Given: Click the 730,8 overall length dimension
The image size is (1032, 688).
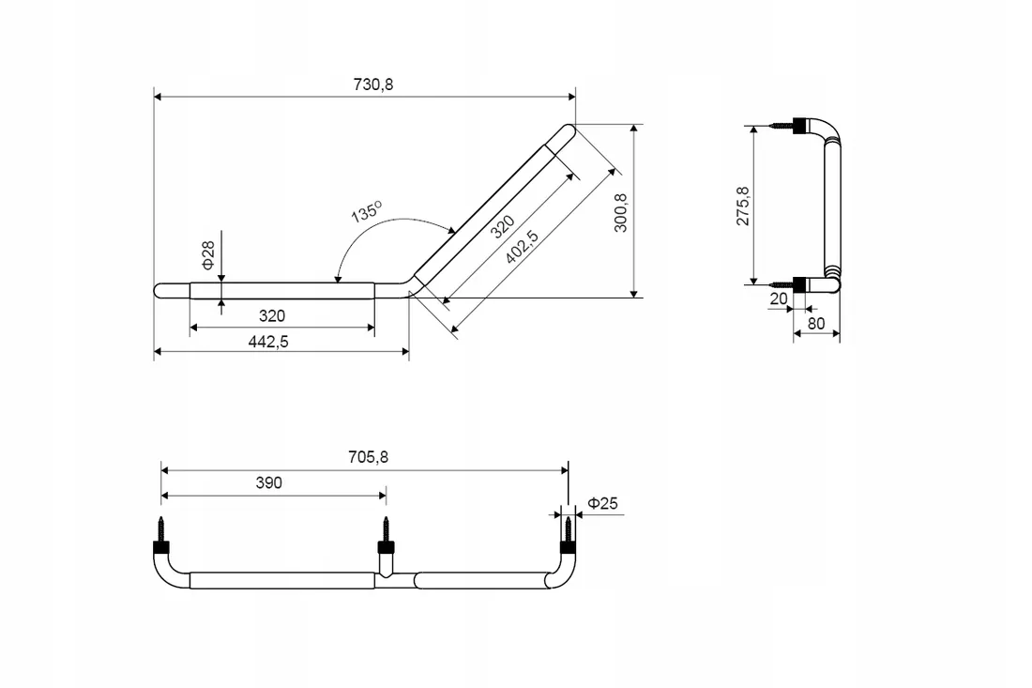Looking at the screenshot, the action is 373,84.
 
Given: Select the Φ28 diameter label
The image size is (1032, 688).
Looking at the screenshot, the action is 208,254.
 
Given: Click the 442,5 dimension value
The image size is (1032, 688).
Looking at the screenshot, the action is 268,342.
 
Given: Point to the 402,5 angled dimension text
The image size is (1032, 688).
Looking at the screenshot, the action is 522,246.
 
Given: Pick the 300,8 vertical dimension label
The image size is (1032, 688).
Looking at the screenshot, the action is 620,212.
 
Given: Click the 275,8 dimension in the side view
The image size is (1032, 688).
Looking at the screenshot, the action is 742,206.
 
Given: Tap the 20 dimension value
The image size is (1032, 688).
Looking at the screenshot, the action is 779,298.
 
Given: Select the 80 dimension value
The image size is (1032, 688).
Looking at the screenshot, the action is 816,323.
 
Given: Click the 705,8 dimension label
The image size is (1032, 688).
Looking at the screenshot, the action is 368,457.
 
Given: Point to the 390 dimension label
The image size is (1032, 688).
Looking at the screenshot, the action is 268,483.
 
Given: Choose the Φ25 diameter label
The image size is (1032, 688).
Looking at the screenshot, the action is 603,504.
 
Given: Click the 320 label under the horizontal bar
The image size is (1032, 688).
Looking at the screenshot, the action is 272,316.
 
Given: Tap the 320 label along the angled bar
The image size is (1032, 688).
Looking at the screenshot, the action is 502,226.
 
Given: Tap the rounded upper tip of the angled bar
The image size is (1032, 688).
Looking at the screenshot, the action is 568,130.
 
